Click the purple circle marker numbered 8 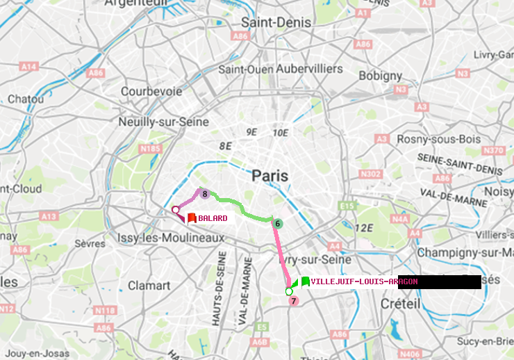point(205,194)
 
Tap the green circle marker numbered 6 point(277,223)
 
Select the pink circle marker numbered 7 point(293,301)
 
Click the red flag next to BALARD point(191,218)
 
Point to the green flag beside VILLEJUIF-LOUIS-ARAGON point(305,281)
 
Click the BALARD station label point(213,218)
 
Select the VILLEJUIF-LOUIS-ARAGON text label point(364,281)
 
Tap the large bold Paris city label point(270,176)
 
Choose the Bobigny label point(379,75)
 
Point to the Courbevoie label point(151,91)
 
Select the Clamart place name point(149,285)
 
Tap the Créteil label point(401,304)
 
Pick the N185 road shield point(150,148)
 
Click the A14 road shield point(28,66)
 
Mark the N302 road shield point(372,174)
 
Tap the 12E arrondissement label point(365,227)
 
